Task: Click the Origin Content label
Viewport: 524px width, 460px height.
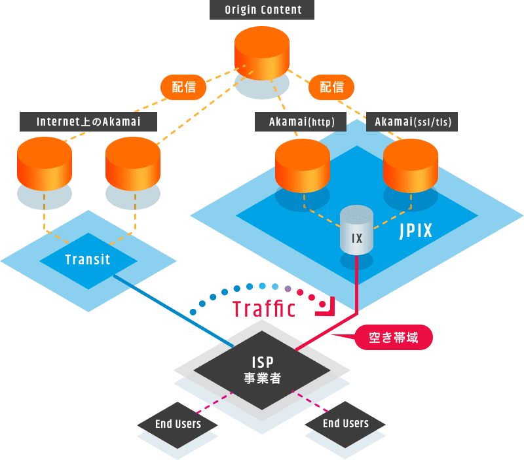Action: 262,10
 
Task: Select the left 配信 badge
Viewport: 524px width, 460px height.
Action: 184,87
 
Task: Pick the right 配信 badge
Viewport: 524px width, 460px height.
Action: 331,87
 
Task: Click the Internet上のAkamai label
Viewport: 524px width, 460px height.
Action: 88,122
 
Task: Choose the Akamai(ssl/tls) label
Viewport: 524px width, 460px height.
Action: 413,122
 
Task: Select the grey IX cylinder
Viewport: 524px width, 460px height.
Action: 356,232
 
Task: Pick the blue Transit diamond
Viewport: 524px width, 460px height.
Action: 88,260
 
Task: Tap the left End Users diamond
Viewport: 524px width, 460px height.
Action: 178,424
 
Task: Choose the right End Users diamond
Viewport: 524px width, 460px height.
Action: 345,423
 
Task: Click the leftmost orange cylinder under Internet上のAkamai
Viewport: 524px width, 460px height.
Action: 45,164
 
